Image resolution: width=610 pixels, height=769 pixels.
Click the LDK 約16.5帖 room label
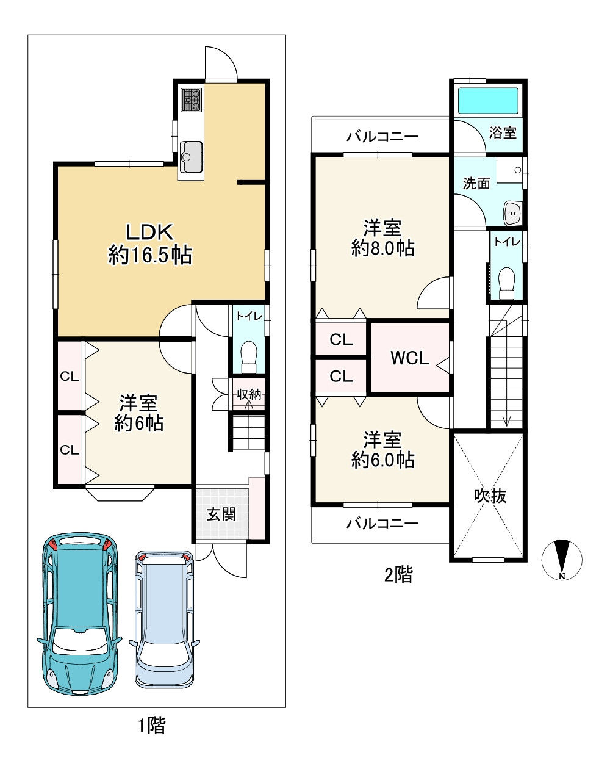pyautogui.click(x=150, y=244)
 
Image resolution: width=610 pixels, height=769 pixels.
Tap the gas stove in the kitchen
pyautogui.click(x=192, y=100)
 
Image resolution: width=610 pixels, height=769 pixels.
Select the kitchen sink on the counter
pyautogui.click(x=192, y=157)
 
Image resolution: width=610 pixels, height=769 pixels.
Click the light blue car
pyautogui.click(x=165, y=619)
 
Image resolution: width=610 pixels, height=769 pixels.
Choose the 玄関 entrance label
pyautogui.click(x=221, y=515)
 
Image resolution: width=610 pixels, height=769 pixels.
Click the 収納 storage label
pyautogui.click(x=249, y=394)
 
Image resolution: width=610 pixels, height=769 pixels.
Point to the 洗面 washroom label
pyautogui.click(x=476, y=183)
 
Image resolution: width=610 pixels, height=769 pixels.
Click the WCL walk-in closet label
pyautogui.click(x=410, y=358)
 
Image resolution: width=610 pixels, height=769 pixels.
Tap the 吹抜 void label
pyautogui.click(x=490, y=496)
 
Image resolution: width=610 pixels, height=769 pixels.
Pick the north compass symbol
pyautogui.click(x=562, y=559)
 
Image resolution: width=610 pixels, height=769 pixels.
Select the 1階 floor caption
pyautogui.click(x=152, y=726)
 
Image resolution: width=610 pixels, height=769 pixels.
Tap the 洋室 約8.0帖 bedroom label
pyautogui.click(x=382, y=238)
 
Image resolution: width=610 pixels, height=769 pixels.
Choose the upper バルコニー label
pyautogui.click(x=382, y=137)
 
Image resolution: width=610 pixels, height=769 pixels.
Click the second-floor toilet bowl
pyautogui.click(x=506, y=283)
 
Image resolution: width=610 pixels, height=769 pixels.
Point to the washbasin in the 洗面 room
pyautogui.click(x=513, y=214)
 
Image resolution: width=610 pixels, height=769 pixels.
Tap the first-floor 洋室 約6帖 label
pyautogui.click(x=138, y=413)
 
